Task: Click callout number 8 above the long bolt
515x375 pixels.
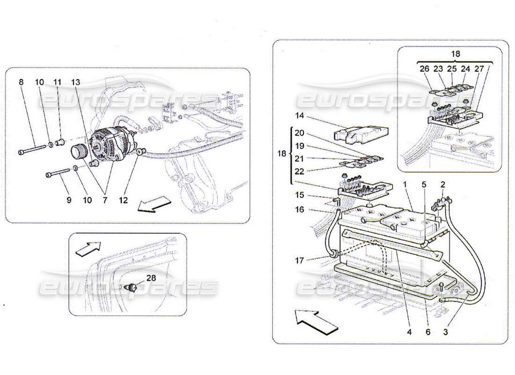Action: pyautogui.click(x=21, y=82)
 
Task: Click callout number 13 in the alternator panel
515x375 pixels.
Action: pyautogui.click(x=76, y=82)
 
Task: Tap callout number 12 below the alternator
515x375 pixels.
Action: pyautogui.click(x=123, y=200)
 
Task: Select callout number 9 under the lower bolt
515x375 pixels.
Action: pyautogui.click(x=69, y=200)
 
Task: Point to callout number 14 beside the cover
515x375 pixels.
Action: pyautogui.click(x=300, y=115)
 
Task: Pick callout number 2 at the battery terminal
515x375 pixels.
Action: pyautogui.click(x=442, y=185)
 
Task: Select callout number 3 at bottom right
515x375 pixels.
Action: pyautogui.click(x=446, y=331)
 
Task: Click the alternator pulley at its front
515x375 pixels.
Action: pyautogui.click(x=78, y=152)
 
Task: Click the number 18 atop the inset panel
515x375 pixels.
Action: pyautogui.click(x=455, y=54)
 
